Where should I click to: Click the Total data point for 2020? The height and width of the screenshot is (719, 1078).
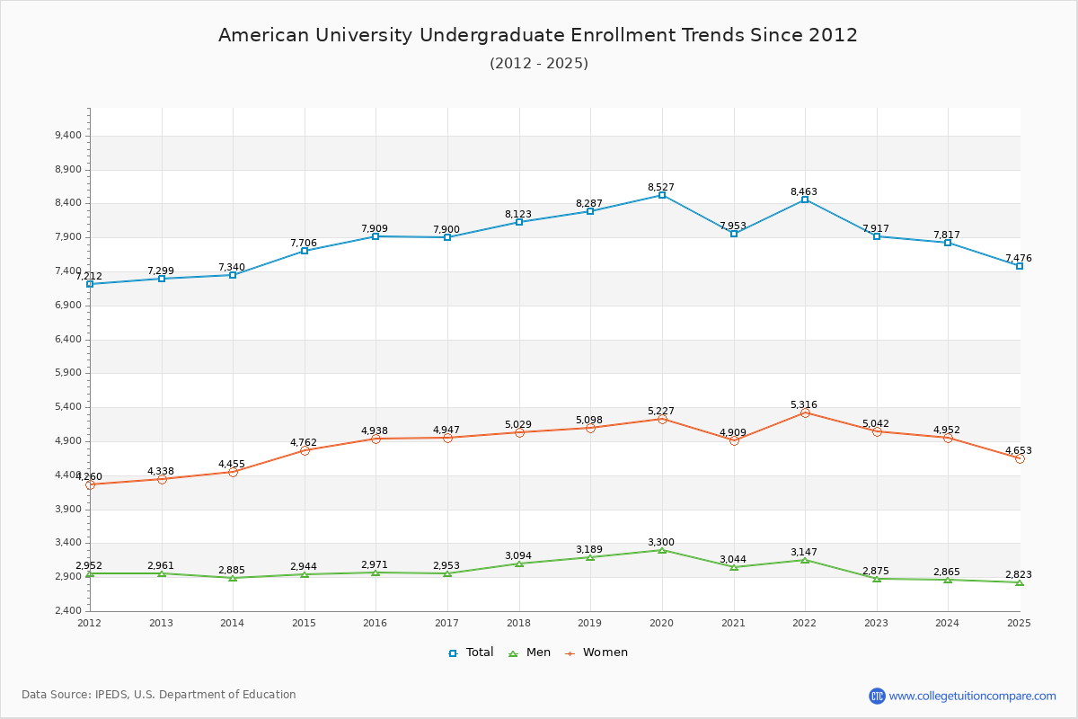tap(662, 195)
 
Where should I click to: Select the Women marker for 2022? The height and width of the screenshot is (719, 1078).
tap(805, 413)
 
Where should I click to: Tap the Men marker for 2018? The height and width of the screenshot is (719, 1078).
tap(519, 564)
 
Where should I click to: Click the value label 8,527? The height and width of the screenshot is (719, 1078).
tap(661, 188)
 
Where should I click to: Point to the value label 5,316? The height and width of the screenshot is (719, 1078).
tap(804, 405)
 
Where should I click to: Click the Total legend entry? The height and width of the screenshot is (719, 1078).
tap(472, 652)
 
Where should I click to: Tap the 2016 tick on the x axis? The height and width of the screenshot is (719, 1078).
tap(376, 623)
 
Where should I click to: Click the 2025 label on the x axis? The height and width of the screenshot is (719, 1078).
tap(1020, 623)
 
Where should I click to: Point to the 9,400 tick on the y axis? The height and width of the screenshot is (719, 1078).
tap(67, 136)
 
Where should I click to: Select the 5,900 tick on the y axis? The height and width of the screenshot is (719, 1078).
tap(67, 373)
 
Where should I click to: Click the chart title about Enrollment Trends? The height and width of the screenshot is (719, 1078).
tap(538, 35)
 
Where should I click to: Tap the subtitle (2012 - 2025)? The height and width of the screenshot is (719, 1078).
tap(538, 63)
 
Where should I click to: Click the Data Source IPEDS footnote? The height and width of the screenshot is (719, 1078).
tap(159, 695)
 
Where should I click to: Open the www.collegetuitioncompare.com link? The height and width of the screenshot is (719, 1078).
tap(973, 696)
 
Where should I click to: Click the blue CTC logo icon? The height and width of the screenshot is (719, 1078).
tap(877, 696)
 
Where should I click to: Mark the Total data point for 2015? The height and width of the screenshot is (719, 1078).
tap(305, 251)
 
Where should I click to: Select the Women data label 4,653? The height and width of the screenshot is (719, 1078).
tap(1019, 450)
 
